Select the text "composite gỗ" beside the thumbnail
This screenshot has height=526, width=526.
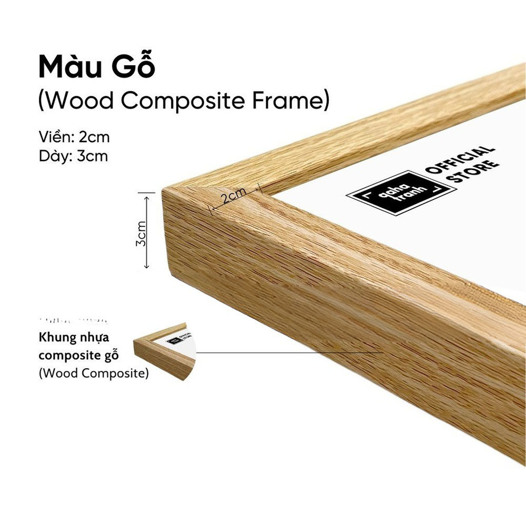[78, 355]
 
